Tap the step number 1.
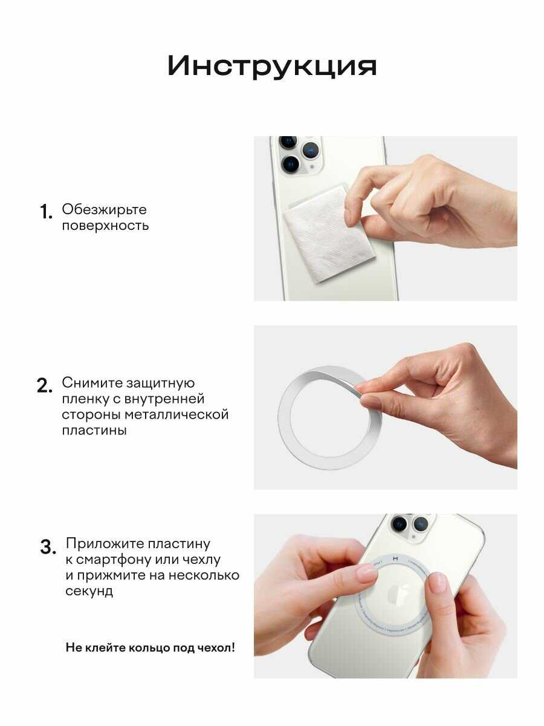[x=46, y=212]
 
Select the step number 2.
[x=44, y=385]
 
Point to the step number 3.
[x=48, y=547]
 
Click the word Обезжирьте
[x=104, y=210]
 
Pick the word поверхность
[x=105, y=226]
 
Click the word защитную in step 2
[x=161, y=384]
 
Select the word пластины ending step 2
[x=94, y=431]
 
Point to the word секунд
[x=89, y=591]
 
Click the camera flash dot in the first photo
[x=312, y=168]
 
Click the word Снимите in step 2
[x=92, y=383]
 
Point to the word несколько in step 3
[x=204, y=575]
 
